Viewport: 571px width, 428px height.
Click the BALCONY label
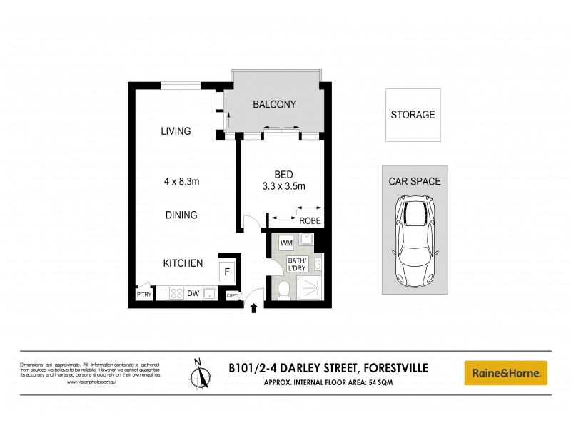tap(274, 105)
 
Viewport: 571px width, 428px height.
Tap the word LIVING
tap(176, 131)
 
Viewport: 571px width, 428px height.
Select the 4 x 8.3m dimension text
tap(181, 182)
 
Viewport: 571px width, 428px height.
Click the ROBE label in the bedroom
tap(310, 221)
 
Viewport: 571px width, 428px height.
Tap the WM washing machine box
tap(285, 243)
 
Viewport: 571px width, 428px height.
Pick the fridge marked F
tap(227, 272)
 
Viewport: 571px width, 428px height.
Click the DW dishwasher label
tap(193, 293)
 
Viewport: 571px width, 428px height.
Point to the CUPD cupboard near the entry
tap(232, 295)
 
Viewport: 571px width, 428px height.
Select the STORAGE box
tap(413, 115)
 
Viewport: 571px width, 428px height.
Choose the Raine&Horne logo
tap(506, 372)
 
